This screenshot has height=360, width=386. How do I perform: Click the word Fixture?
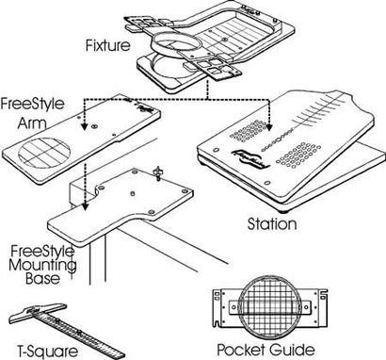tap(107, 45)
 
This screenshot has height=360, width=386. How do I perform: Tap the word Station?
tap(272, 224)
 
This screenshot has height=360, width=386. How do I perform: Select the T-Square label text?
tap(47, 352)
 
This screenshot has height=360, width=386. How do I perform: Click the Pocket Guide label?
tap(265, 350)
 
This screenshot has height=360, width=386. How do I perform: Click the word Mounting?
tap(42, 265)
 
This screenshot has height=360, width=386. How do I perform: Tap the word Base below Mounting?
tap(42, 278)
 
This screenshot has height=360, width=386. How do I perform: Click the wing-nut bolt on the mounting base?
tap(157, 172)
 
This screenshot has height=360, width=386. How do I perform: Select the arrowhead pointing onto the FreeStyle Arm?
tap(84, 126)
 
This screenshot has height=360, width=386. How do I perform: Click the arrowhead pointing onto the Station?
tap(269, 126)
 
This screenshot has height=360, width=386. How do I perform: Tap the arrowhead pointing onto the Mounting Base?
tap(84, 205)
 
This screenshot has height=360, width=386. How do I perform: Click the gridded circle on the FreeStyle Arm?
tap(44, 153)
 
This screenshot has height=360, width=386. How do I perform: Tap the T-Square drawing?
tap(68, 330)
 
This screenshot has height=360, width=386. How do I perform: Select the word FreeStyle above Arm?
tap(32, 104)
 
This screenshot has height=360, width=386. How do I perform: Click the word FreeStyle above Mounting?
tap(42, 252)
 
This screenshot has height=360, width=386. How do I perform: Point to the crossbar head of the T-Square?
tap(38, 311)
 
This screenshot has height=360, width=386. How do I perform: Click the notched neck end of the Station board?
tap(337, 95)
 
